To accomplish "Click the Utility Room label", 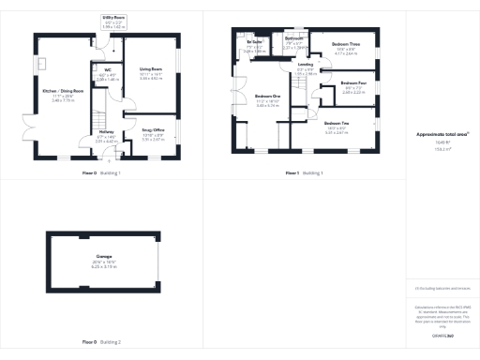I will pyautogui.click(x=112, y=17).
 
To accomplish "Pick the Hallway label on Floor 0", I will pyautogui.click(x=106, y=132).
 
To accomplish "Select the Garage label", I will pyautogui.click(x=104, y=255).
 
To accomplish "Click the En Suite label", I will pyautogui.click(x=254, y=43).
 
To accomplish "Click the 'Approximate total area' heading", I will pyautogui.click(x=439, y=135).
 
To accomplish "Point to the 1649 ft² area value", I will pyautogui.click(x=439, y=145).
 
